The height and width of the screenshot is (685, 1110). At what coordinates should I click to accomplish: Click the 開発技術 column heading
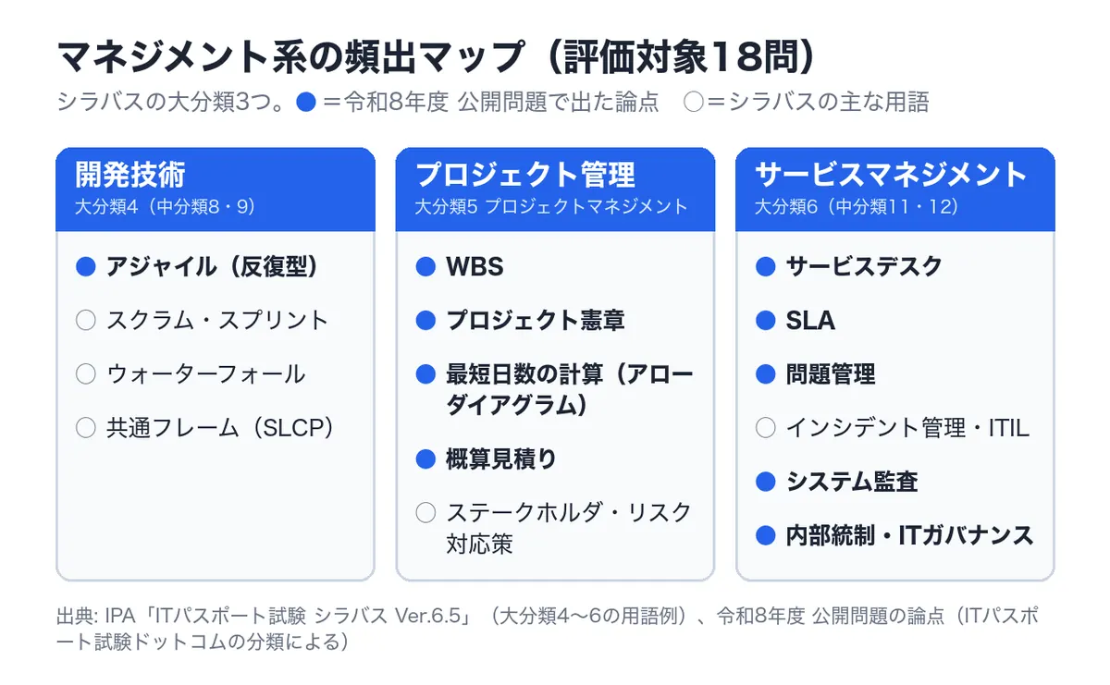pyautogui.click(x=130, y=175)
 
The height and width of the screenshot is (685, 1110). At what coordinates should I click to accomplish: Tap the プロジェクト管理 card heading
pyautogui.click(x=525, y=175)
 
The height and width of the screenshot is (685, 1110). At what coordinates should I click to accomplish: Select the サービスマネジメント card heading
pyautogui.click(x=890, y=175)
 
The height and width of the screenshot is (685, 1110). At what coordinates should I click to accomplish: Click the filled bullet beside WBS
pyautogui.click(x=425, y=266)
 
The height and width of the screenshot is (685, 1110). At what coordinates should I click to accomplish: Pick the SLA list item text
pyautogui.click(x=810, y=321)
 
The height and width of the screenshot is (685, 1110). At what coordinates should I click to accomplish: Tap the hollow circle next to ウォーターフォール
pyautogui.click(x=86, y=374)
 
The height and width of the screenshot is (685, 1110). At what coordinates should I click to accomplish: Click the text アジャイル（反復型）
pyautogui.click(x=212, y=266)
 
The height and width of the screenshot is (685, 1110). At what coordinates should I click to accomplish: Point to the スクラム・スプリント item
pyautogui.click(x=217, y=321)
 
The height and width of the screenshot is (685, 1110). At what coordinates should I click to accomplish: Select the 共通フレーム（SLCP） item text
pyautogui.click(x=219, y=428)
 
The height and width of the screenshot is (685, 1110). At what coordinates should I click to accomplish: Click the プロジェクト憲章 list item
pyautogui.click(x=536, y=321)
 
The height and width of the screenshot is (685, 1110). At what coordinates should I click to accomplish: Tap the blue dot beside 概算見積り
pyautogui.click(x=425, y=459)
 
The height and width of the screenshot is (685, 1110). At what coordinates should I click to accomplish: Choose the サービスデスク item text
pyautogui.click(x=864, y=266)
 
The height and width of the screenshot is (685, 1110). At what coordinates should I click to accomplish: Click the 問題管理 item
pyautogui.click(x=831, y=374)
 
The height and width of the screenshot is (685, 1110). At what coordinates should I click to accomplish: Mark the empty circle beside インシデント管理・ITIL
pyautogui.click(x=766, y=427)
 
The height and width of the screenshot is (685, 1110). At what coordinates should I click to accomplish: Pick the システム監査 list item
pyautogui.click(x=852, y=482)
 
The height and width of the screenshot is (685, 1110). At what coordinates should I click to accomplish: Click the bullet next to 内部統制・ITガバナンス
pyautogui.click(x=766, y=535)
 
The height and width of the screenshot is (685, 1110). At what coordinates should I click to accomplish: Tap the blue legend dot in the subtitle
pyautogui.click(x=306, y=102)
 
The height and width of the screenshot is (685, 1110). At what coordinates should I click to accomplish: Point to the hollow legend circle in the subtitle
pyautogui.click(x=693, y=102)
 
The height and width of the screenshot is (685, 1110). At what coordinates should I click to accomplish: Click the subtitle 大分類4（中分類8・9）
pyautogui.click(x=165, y=206)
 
